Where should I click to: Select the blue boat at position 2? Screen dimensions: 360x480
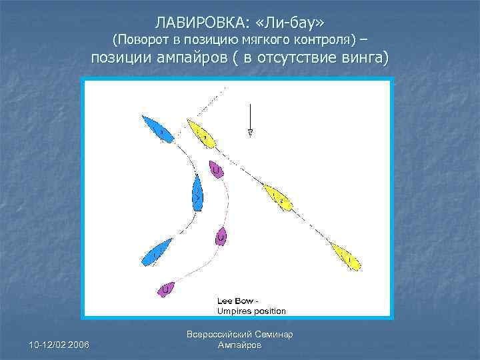point(197,193)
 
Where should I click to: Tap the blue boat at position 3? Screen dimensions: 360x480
point(158,129)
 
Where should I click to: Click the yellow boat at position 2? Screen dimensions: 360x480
point(278,197)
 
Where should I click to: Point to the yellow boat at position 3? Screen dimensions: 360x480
point(201,134)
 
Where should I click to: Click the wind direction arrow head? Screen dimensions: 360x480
point(250,133)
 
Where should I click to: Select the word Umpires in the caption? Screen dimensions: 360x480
point(233,311)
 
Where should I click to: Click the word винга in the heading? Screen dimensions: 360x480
point(360,59)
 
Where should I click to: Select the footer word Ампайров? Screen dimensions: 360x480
point(240,345)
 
